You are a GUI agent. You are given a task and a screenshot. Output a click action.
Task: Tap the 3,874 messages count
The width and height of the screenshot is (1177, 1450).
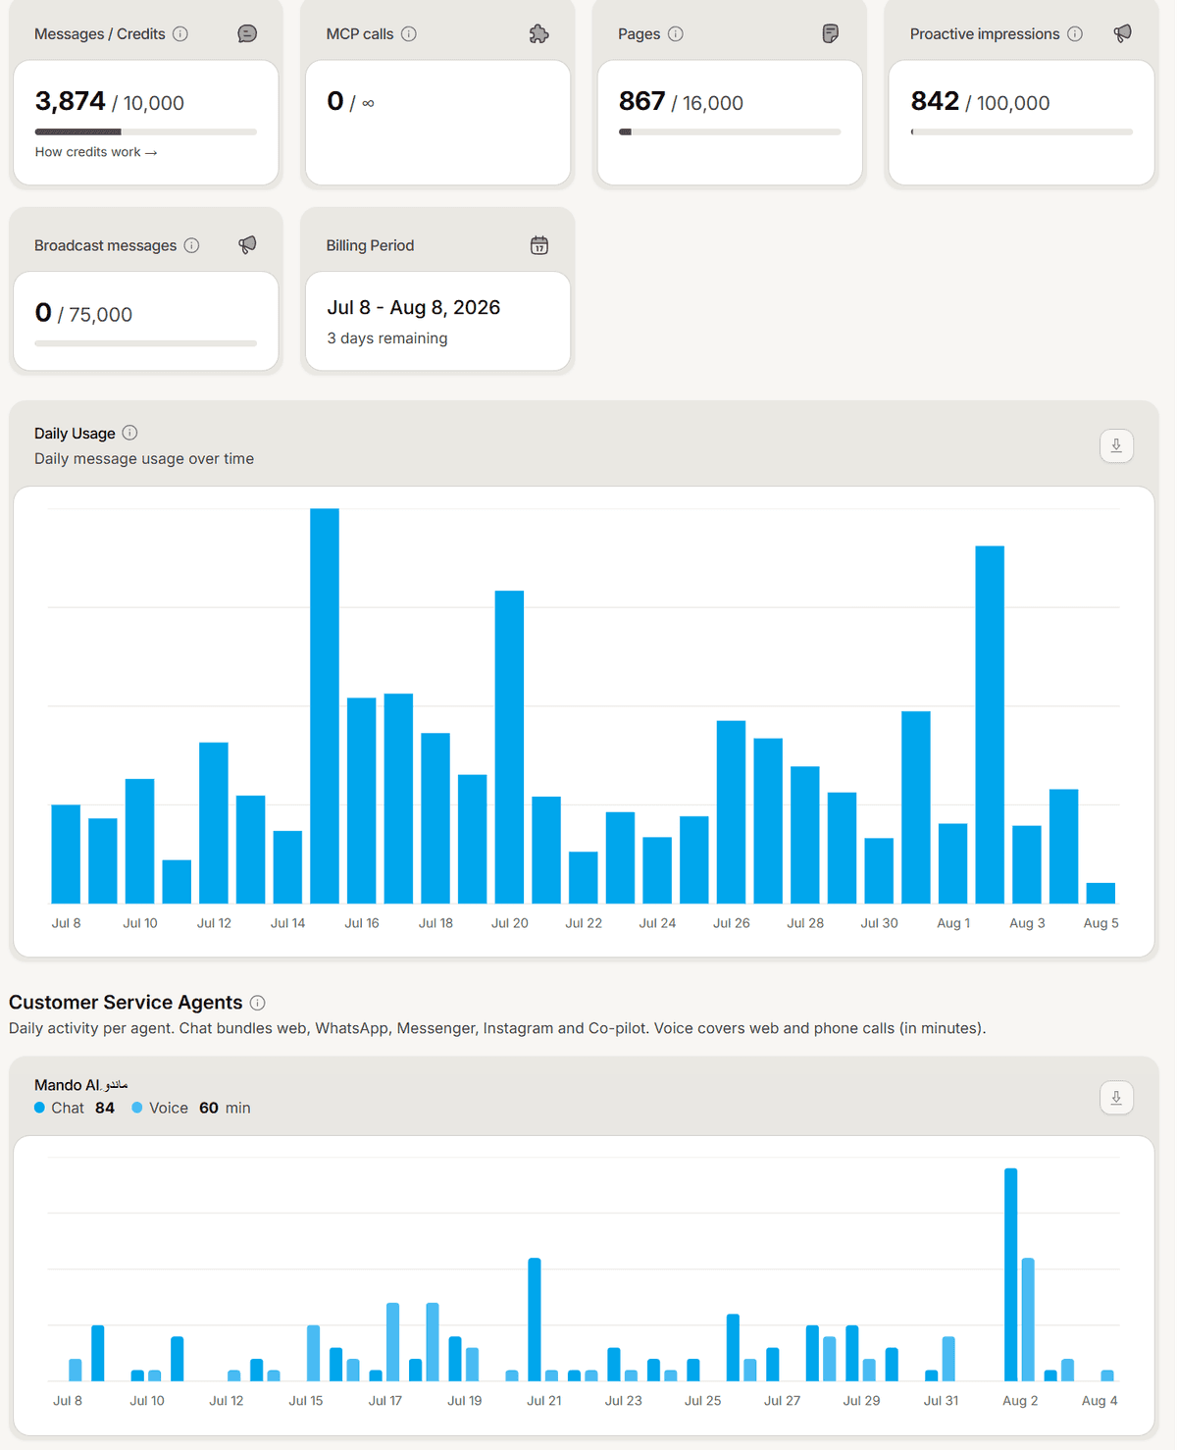coord(70,101)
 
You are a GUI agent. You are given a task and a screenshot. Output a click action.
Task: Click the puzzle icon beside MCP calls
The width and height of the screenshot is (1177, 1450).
coord(538,34)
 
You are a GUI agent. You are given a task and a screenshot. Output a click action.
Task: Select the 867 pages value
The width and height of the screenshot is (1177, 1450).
coord(641,101)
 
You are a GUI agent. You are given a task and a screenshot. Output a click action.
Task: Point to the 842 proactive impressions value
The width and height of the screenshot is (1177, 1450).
coord(935,101)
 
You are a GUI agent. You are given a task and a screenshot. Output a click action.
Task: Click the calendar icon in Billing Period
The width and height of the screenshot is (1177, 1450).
coord(539,245)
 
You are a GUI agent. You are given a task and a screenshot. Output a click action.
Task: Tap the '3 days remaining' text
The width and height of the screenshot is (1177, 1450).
coord(387,338)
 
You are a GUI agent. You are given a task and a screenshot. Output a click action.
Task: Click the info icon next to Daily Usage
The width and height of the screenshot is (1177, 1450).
coord(129,433)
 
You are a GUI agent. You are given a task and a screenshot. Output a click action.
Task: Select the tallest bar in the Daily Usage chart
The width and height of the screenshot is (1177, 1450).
coord(325,706)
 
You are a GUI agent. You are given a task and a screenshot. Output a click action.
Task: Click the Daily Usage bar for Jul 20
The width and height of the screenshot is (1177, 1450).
coord(510,747)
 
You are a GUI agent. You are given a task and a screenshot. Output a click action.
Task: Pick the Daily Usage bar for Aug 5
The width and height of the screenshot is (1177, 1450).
coord(1100,893)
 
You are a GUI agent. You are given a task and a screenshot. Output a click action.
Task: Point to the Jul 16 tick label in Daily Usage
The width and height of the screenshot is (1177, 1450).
coord(362,923)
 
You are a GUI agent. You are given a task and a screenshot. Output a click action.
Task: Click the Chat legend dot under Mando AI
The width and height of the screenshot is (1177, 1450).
coord(39,1108)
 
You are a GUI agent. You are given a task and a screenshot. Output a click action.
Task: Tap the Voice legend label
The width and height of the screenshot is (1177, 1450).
coord(168,1108)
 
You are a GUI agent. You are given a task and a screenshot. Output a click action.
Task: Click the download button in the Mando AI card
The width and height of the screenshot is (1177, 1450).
coord(1116,1098)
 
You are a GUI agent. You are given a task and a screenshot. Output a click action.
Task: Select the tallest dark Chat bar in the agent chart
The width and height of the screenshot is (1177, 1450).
coord(1011,1274)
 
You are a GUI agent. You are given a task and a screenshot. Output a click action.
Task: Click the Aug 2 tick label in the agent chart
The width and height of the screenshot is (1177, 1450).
coord(1020,1400)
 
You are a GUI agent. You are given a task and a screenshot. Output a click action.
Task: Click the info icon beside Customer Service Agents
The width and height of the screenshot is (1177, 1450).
coord(257,1003)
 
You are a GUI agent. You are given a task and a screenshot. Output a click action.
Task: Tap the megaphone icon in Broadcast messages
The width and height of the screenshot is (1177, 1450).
coord(247,245)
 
